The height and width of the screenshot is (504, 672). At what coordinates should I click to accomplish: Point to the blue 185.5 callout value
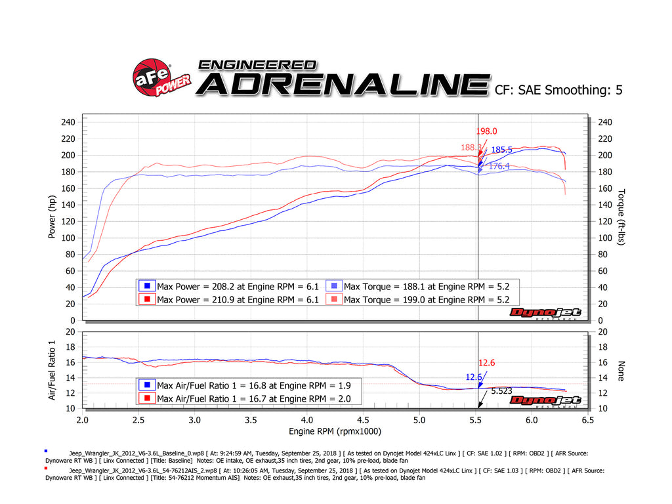(502, 150)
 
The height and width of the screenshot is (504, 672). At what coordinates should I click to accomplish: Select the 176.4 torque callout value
(499, 167)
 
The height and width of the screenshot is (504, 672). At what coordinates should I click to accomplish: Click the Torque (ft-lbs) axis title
(621, 217)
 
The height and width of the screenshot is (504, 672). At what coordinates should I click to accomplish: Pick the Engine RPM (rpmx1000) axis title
(335, 431)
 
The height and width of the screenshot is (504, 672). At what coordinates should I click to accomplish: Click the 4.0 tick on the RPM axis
(306, 419)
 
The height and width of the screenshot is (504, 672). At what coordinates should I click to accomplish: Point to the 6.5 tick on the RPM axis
(587, 419)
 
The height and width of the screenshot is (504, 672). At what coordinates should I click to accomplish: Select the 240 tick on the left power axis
(68, 122)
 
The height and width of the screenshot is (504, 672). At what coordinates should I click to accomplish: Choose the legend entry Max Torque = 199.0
(426, 299)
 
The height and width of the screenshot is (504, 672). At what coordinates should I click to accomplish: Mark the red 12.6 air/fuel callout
(486, 363)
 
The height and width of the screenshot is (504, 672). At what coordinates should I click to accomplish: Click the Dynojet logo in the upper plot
(545, 312)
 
